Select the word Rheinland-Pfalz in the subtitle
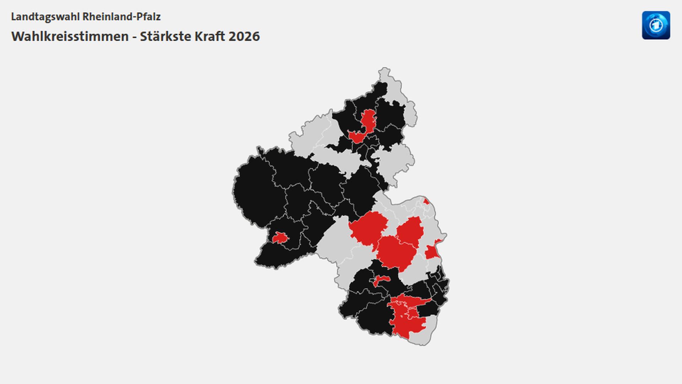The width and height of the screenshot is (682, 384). pos(121,17)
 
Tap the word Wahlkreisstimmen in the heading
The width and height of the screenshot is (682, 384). pos(70,36)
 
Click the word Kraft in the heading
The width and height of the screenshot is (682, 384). pos(209,36)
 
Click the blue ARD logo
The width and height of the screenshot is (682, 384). pos(656,25)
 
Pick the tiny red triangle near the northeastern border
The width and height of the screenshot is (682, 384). pos(426,202)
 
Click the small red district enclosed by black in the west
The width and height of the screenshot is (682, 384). pos(280,238)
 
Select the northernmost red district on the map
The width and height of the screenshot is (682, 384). pos(368,120)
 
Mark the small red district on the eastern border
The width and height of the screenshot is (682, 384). pos(432,251)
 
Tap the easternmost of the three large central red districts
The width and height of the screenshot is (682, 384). pos(410,231)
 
